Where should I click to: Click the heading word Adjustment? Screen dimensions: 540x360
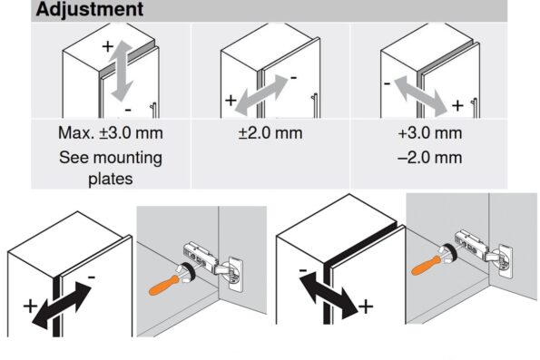90,9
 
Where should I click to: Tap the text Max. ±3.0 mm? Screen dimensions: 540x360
111,133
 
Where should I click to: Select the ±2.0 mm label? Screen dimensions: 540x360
270,133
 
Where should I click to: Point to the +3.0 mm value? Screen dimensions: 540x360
430,133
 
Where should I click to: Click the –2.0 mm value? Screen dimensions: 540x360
430,158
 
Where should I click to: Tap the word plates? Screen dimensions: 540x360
111,179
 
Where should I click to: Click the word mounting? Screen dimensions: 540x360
128,159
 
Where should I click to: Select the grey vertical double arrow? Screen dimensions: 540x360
122,71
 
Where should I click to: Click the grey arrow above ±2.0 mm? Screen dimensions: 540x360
261,96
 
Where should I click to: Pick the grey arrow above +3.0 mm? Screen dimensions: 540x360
421,97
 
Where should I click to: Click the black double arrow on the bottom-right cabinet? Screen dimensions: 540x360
329,295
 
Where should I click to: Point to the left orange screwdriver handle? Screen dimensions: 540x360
163,285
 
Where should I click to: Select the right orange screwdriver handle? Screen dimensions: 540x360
427,265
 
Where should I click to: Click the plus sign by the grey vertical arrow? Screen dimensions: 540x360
108,45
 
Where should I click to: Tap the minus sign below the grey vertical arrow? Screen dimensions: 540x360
128,110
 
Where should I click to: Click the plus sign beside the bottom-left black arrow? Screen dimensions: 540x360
30,306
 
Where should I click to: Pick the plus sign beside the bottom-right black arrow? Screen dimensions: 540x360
366,306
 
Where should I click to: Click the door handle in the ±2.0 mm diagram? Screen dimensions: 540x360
315,106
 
